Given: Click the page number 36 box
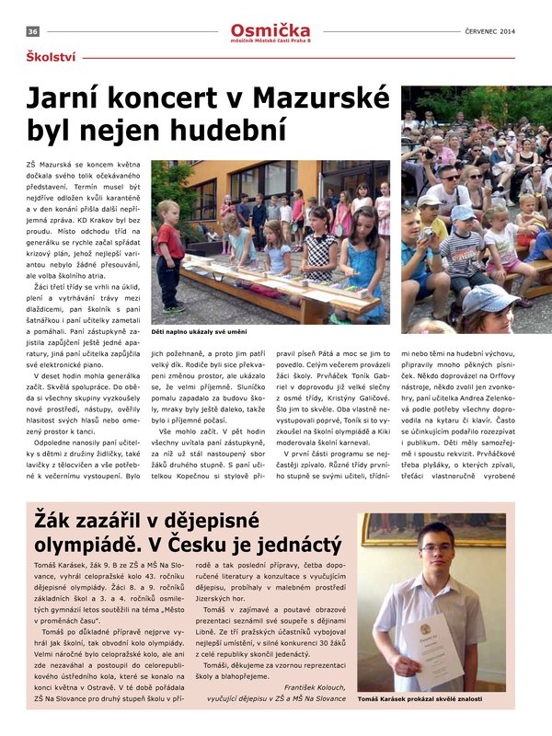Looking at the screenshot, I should tap(32, 32).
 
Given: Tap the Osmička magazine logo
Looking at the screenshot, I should tap(270, 31).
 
